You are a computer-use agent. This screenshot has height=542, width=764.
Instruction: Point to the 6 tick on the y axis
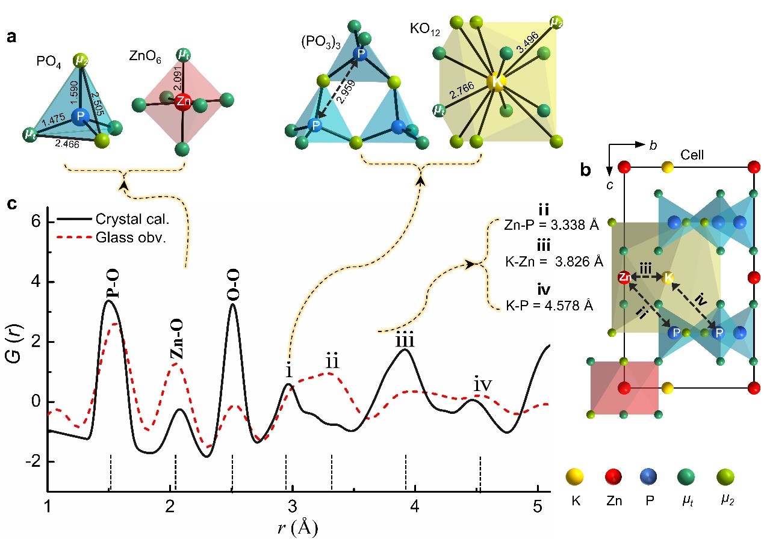point(36,222)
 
